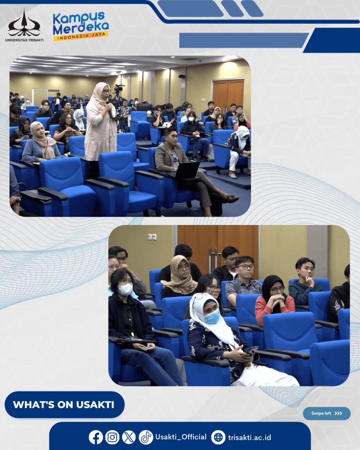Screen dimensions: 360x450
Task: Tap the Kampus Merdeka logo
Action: pyautogui.click(x=81, y=26)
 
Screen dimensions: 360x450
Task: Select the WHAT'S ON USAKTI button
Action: pyautogui.click(x=65, y=404)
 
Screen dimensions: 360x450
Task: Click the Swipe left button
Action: pyautogui.click(x=327, y=413)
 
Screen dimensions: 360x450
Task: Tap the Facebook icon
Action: pyautogui.click(x=96, y=437)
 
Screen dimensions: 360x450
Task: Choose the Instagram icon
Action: pyautogui.click(x=112, y=437)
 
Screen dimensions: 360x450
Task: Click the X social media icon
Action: pyautogui.click(x=129, y=437)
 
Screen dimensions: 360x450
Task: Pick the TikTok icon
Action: pyautogui.click(x=146, y=437)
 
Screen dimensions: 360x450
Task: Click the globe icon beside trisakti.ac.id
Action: pyautogui.click(x=218, y=437)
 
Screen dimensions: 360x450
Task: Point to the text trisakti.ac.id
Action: pyautogui.click(x=250, y=437)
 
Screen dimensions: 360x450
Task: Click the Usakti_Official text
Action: pyautogui.click(x=181, y=437)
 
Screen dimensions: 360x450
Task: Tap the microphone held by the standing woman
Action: pyautogui.click(x=110, y=109)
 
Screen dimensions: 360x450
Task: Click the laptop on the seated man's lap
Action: pyautogui.click(x=187, y=170)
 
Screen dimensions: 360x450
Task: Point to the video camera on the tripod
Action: pyautogui.click(x=119, y=88)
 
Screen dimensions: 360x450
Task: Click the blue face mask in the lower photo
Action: pyautogui.click(x=213, y=316)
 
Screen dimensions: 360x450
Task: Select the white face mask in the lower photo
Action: pyautogui.click(x=125, y=289)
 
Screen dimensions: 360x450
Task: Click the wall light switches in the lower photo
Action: pyautogui.click(x=152, y=237)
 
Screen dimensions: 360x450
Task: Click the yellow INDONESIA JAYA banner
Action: pyautogui.click(x=81, y=36)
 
